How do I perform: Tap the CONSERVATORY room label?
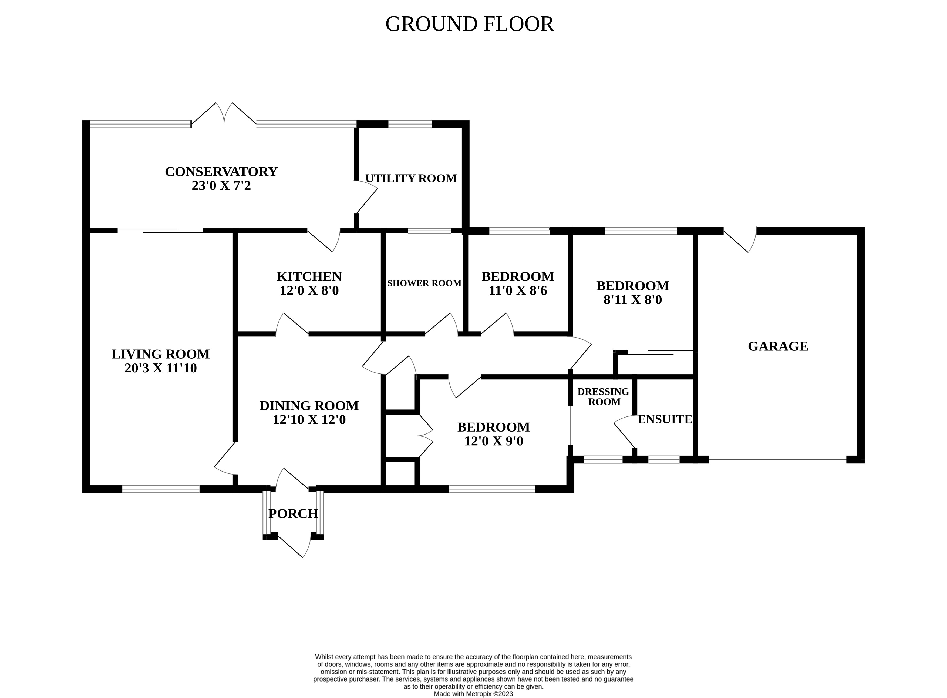[x=221, y=172]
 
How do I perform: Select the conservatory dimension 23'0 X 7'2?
[x=221, y=185]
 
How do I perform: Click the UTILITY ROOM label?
[x=411, y=178]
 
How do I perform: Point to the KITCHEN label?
[x=309, y=276]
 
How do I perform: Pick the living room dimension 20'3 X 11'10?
[x=160, y=368]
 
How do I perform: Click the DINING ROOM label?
[x=309, y=406]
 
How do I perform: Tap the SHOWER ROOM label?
[x=424, y=283]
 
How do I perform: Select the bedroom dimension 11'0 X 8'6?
[x=518, y=291]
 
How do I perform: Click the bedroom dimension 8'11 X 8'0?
[x=632, y=300]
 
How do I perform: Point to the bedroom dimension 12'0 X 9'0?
[x=494, y=441]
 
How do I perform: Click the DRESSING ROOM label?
[x=603, y=397]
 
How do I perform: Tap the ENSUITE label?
[x=665, y=419]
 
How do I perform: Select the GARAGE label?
[x=778, y=346]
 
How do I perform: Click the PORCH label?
[x=293, y=514]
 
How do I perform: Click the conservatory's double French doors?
[x=224, y=114]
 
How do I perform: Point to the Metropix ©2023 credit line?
[x=473, y=694]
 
